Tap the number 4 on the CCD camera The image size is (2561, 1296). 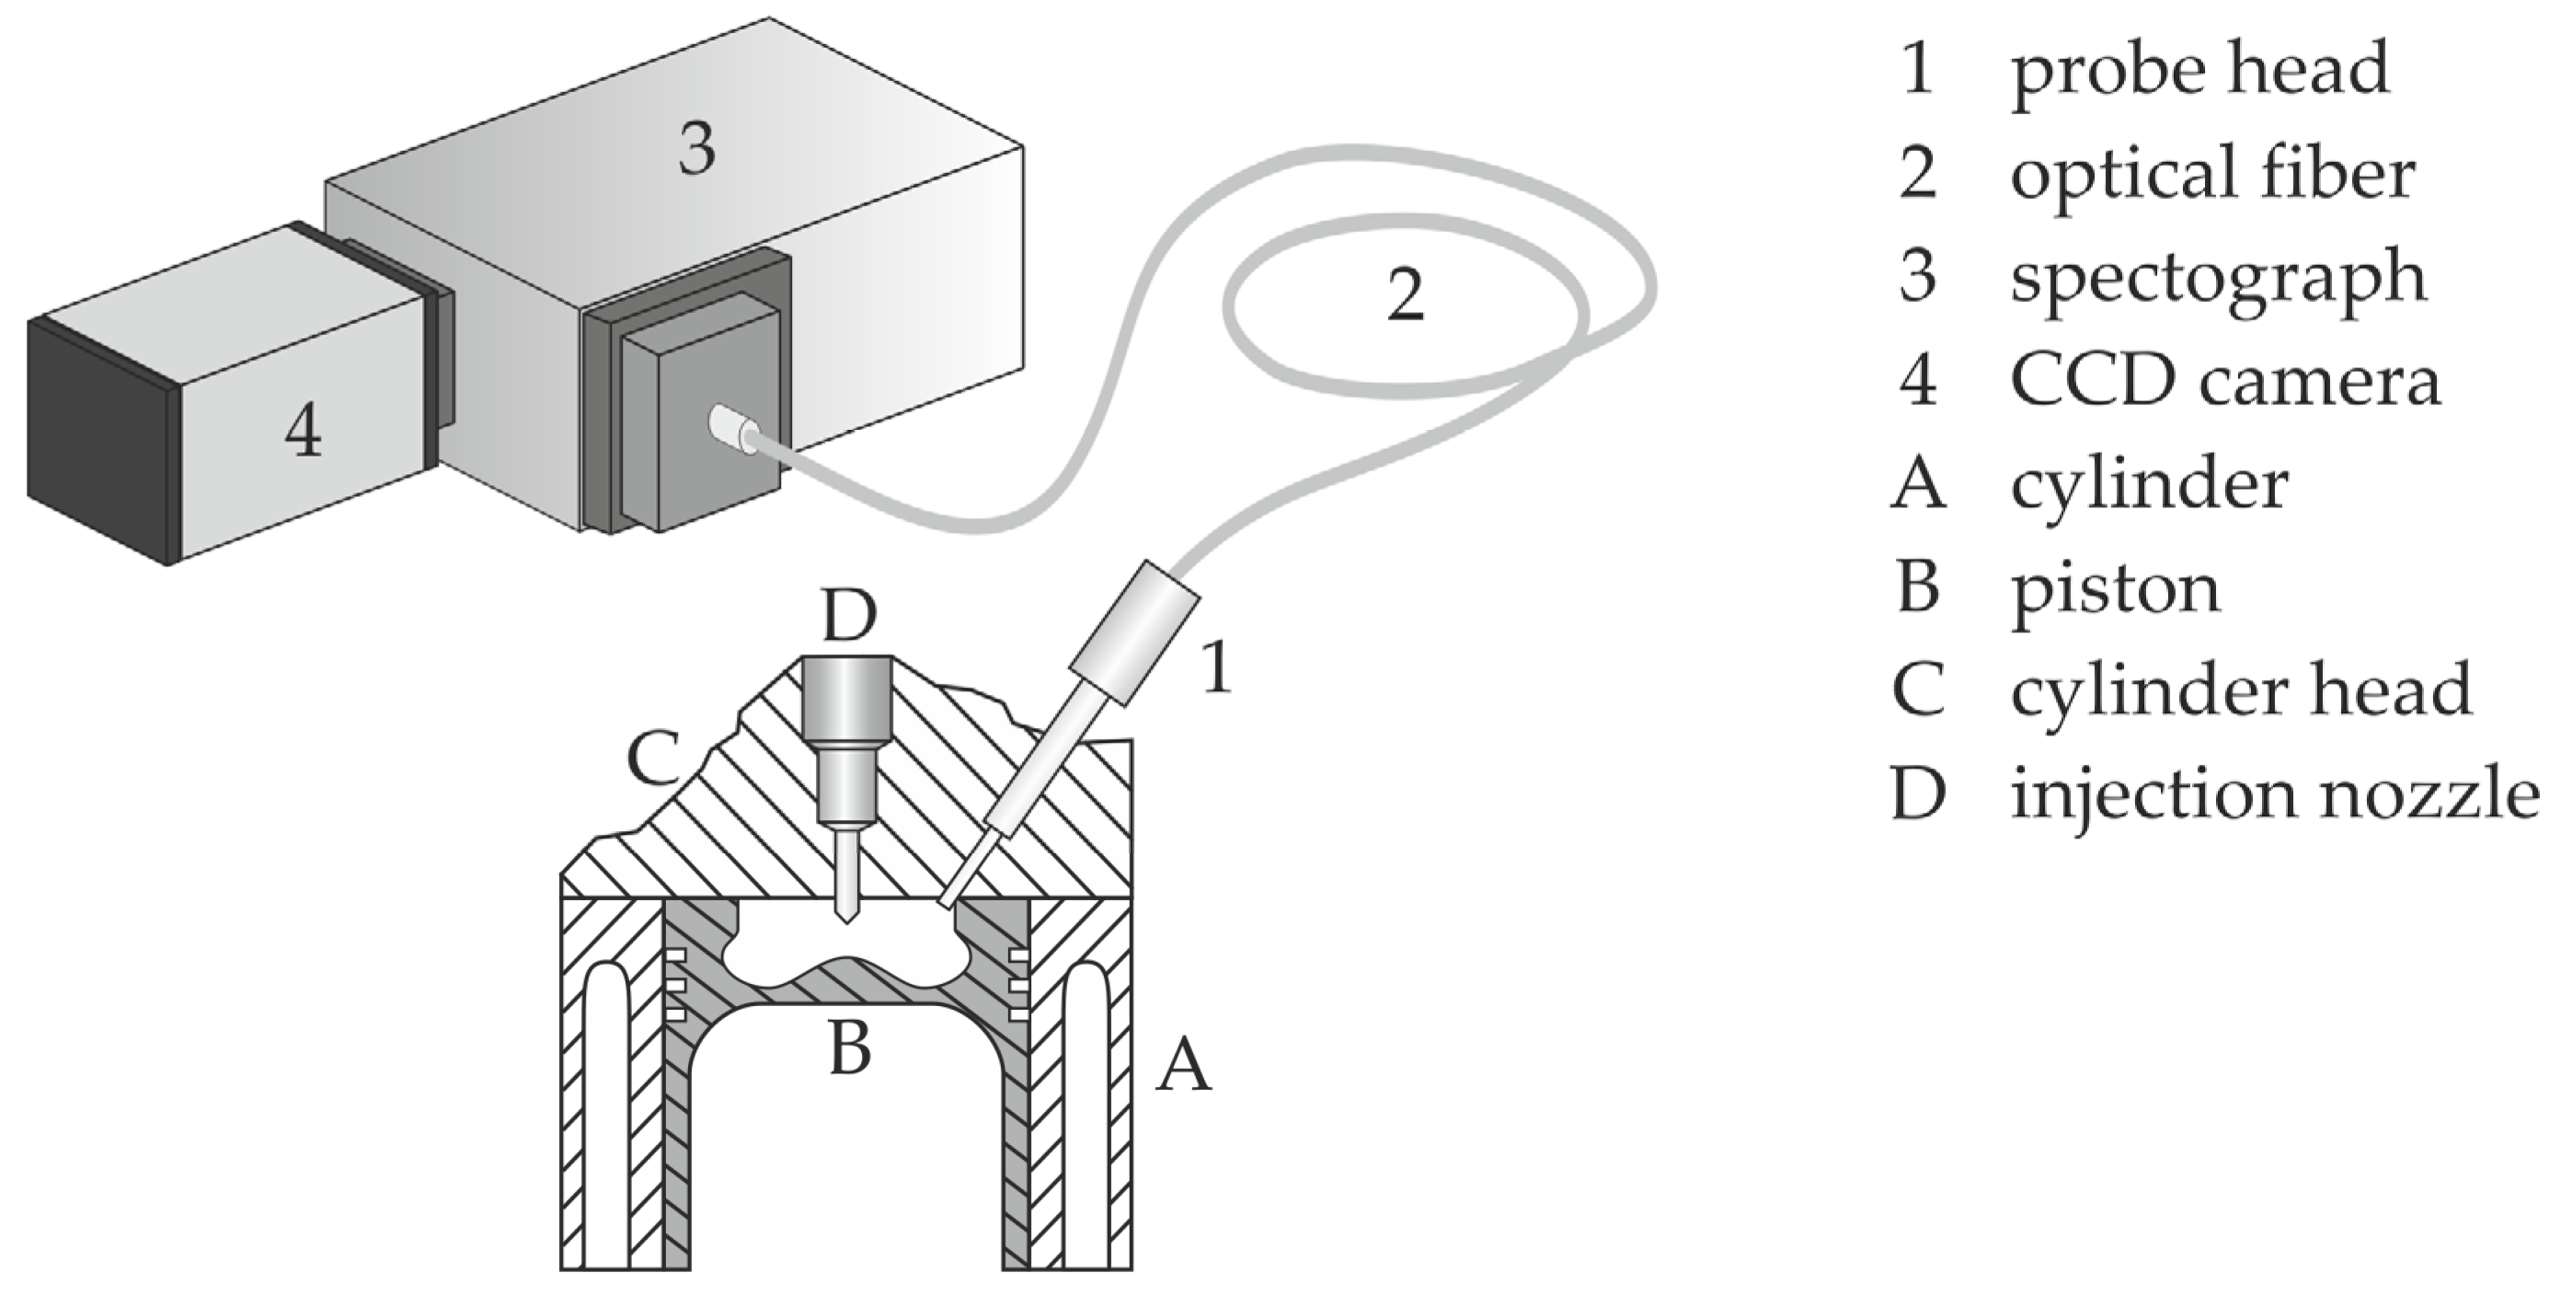click(x=304, y=434)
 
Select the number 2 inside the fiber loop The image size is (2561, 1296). click(x=1405, y=295)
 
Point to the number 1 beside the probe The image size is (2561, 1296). click(x=1217, y=667)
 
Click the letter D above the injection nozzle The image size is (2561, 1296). click(x=849, y=616)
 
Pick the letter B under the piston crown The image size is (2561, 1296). click(x=850, y=1047)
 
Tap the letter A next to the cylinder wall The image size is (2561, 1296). click(x=1183, y=1064)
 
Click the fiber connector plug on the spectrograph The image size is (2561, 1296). click(x=731, y=428)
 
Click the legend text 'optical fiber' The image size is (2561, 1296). click(x=2211, y=174)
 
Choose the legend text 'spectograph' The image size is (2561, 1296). click(x=2217, y=280)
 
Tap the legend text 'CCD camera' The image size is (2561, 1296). click(x=2224, y=381)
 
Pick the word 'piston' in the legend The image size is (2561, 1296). click(x=2115, y=589)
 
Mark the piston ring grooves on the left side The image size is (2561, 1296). click(x=675, y=985)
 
